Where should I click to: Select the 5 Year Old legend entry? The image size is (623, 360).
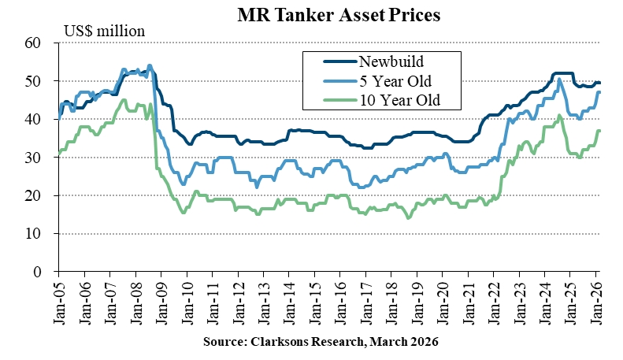point(395,80)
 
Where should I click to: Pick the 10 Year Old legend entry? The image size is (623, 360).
point(399,99)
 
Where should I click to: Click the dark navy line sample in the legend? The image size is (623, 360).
point(338,60)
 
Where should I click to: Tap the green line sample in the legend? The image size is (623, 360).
point(338,99)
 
